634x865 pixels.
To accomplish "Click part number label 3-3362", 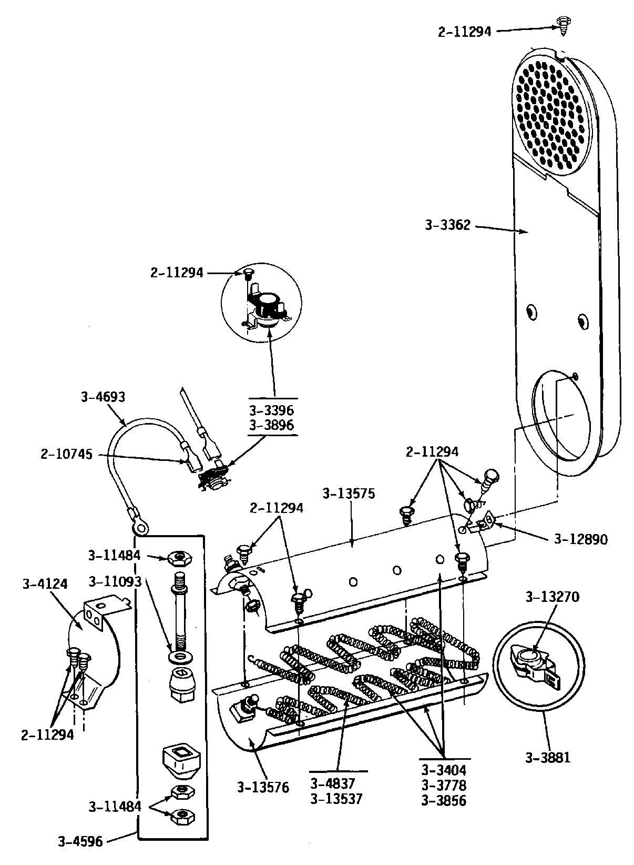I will [447, 226].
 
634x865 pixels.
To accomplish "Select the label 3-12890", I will [581, 539].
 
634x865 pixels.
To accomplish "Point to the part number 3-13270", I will [553, 597].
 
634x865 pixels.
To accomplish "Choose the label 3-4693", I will [103, 397].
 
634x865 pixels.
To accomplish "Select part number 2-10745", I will [66, 454].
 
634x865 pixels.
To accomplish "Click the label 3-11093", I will [115, 581].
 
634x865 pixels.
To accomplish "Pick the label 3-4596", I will [80, 841].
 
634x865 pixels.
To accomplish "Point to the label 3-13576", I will [263, 788].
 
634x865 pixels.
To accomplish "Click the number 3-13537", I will [336, 799].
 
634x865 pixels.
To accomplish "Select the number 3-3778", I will [444, 786].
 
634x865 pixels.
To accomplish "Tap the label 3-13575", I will [349, 494].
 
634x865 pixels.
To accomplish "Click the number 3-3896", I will [272, 425].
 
